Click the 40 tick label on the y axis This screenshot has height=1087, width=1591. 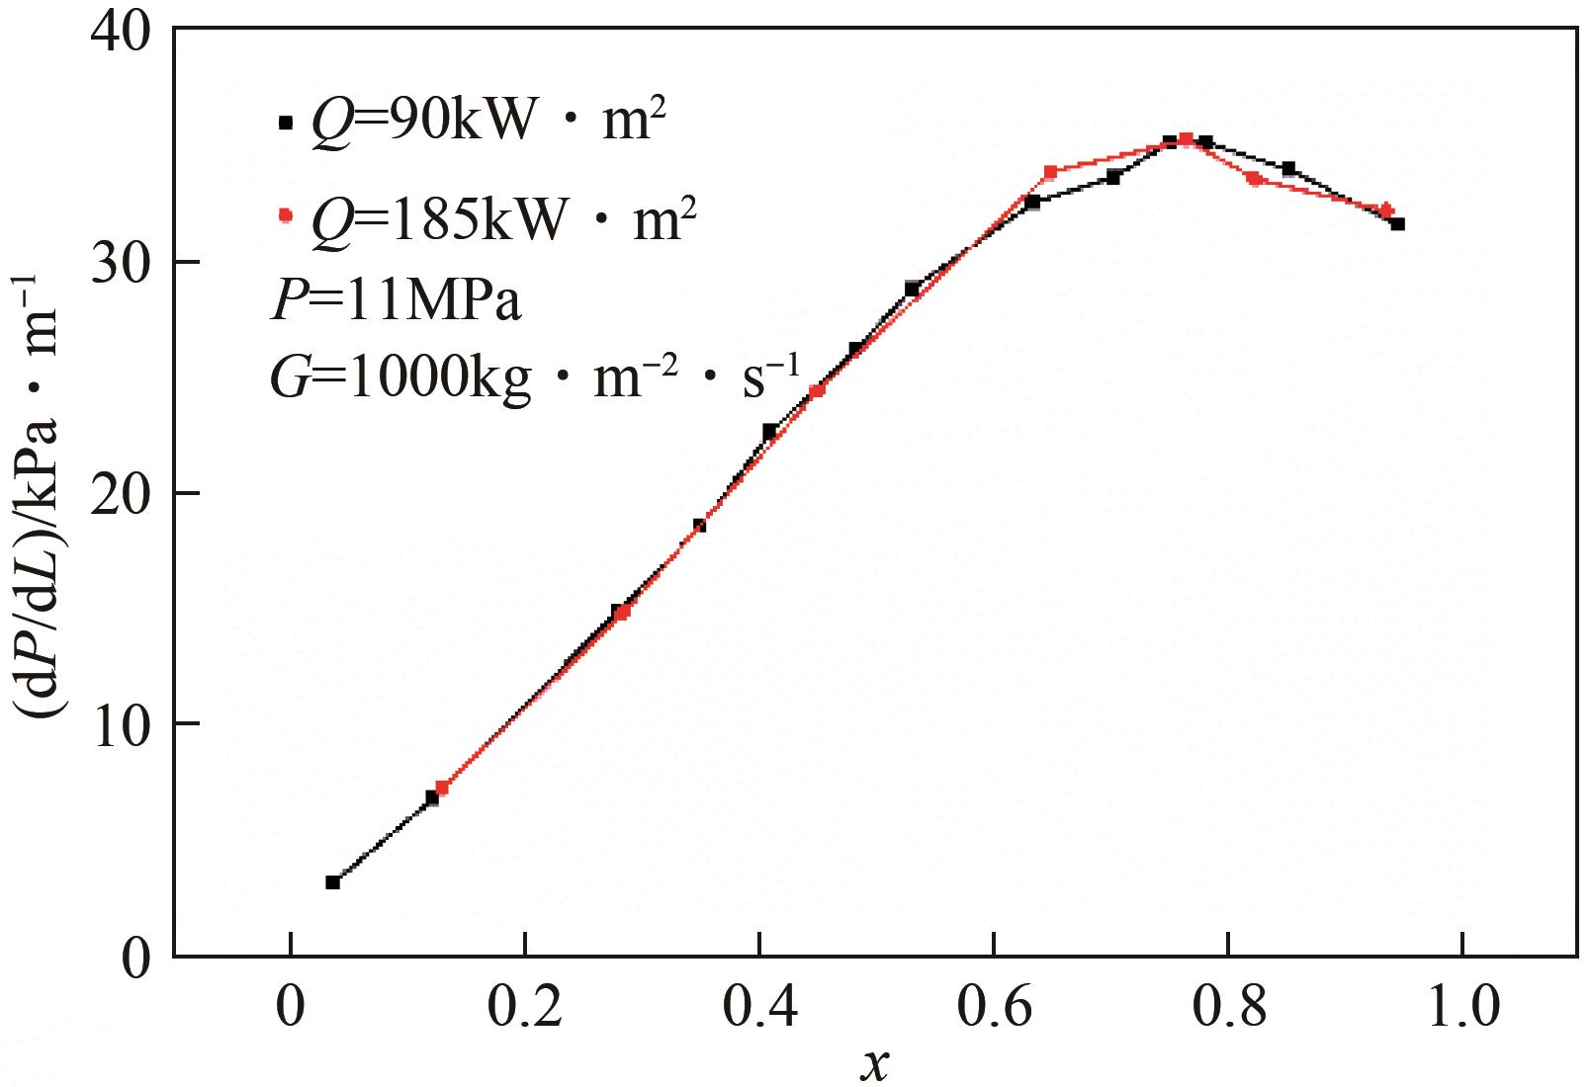[120, 31]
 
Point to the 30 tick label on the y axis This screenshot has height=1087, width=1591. [120, 263]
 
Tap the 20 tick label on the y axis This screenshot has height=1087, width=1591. [120, 494]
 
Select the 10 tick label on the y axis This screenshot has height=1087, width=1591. [120, 724]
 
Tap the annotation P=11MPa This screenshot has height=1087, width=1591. [396, 300]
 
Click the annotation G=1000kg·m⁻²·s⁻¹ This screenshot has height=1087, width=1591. [534, 377]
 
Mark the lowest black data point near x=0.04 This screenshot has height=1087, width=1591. [333, 881]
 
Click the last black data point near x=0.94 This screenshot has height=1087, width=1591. [1397, 224]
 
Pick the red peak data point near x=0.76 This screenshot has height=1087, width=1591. [1187, 139]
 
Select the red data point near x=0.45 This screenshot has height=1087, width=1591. [817, 390]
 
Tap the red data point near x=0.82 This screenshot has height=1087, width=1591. [1255, 179]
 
